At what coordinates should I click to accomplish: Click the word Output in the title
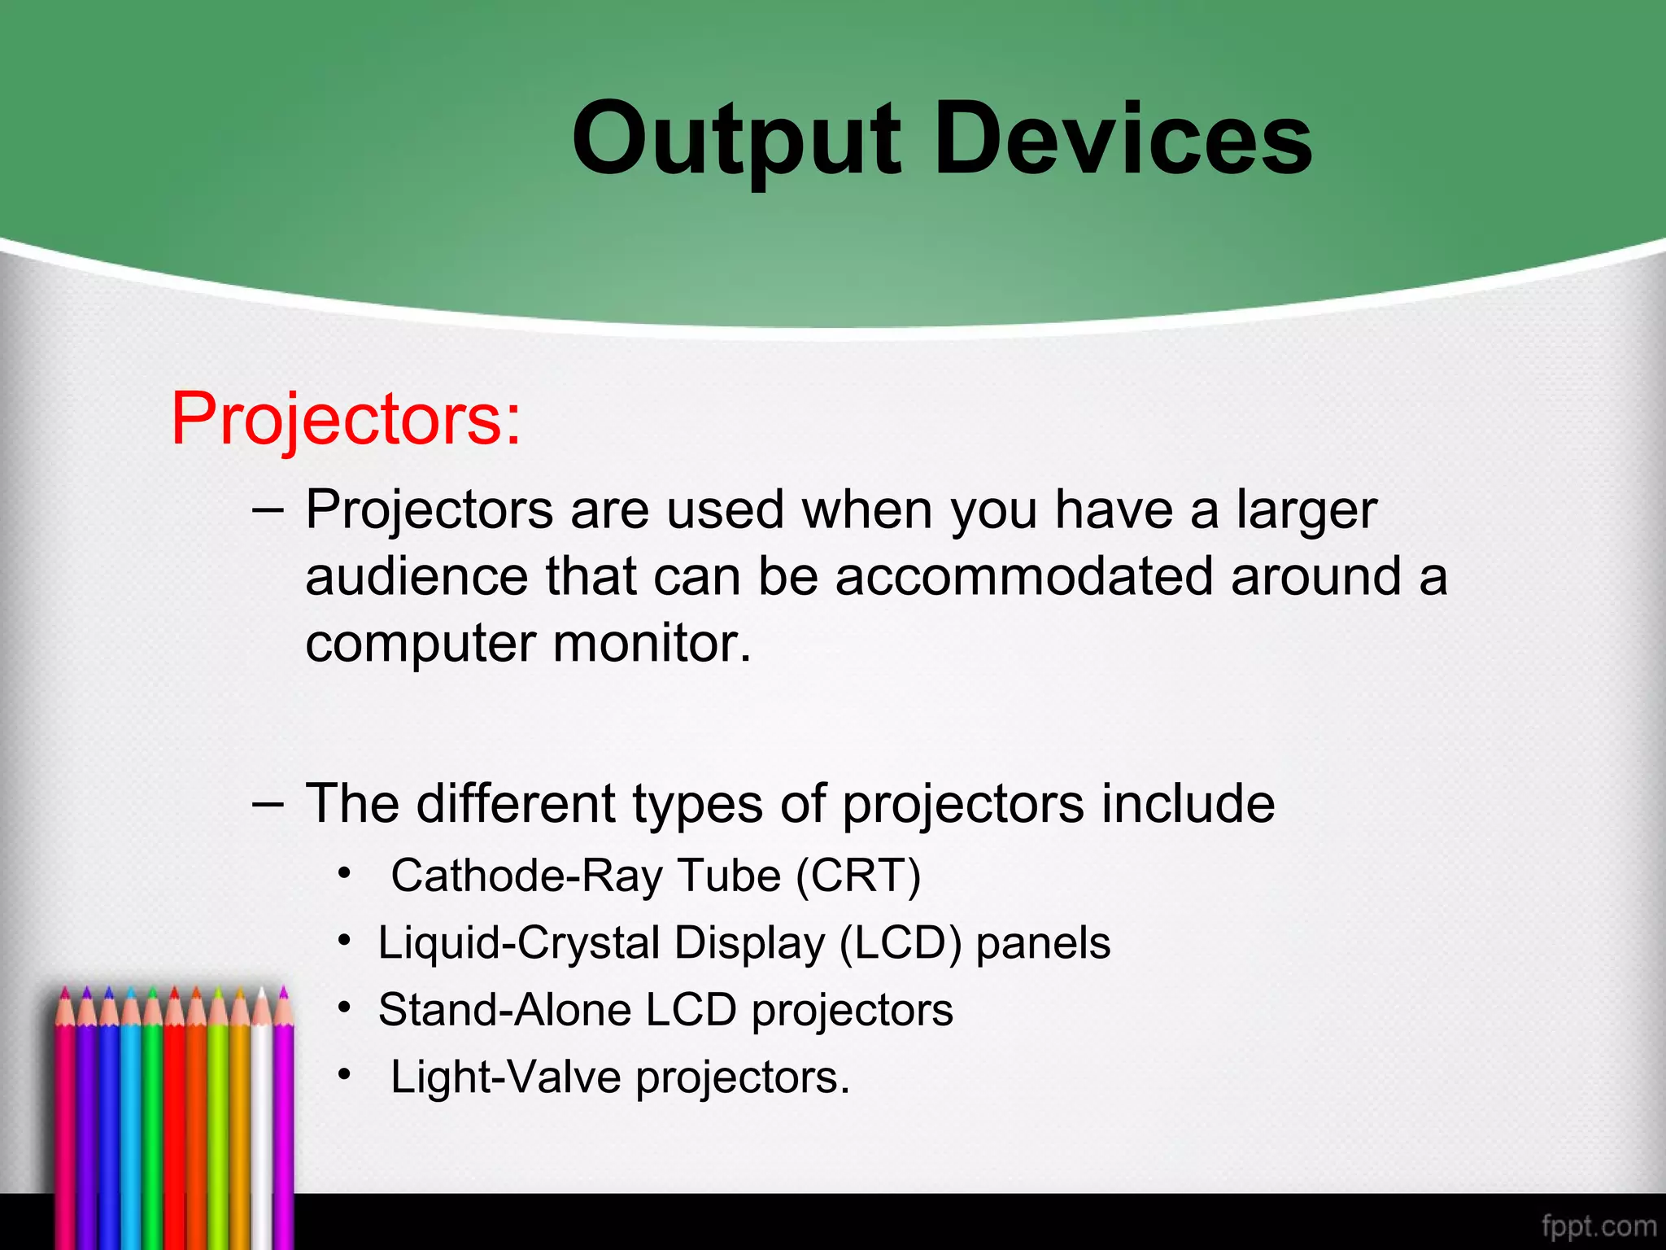(736, 140)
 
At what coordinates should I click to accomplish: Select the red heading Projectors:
(346, 419)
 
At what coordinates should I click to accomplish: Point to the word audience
(416, 577)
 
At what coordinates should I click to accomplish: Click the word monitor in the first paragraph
(651, 644)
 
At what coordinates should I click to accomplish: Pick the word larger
(1306, 512)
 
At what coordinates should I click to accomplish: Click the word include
(1188, 804)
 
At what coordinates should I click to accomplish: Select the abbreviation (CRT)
(858, 876)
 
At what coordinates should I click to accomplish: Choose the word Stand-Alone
(504, 1011)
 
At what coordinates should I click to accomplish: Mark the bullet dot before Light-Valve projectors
(345, 1074)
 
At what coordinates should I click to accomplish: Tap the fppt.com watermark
(1598, 1226)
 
